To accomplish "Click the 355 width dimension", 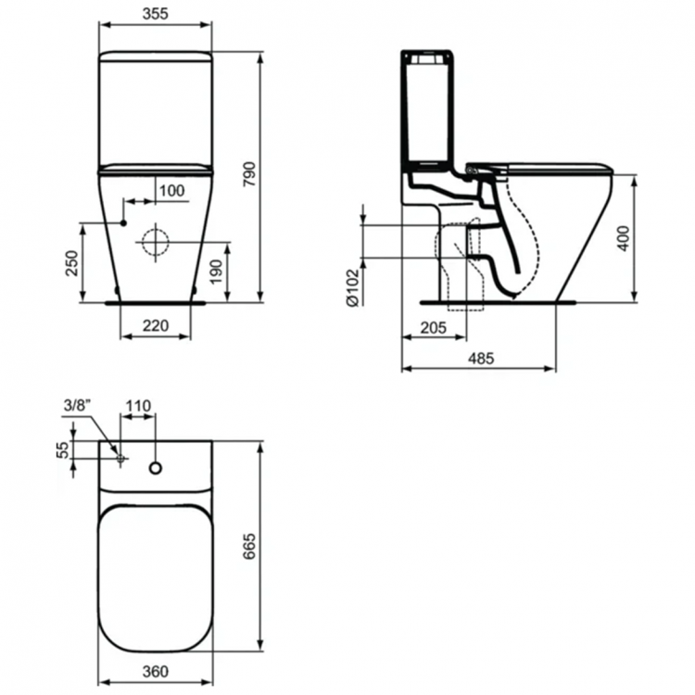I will click(x=155, y=15).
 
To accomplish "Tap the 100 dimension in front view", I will click(x=171, y=191).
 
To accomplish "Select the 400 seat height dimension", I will click(x=624, y=238).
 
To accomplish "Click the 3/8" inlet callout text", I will click(x=78, y=406).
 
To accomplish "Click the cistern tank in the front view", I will click(x=155, y=108).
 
